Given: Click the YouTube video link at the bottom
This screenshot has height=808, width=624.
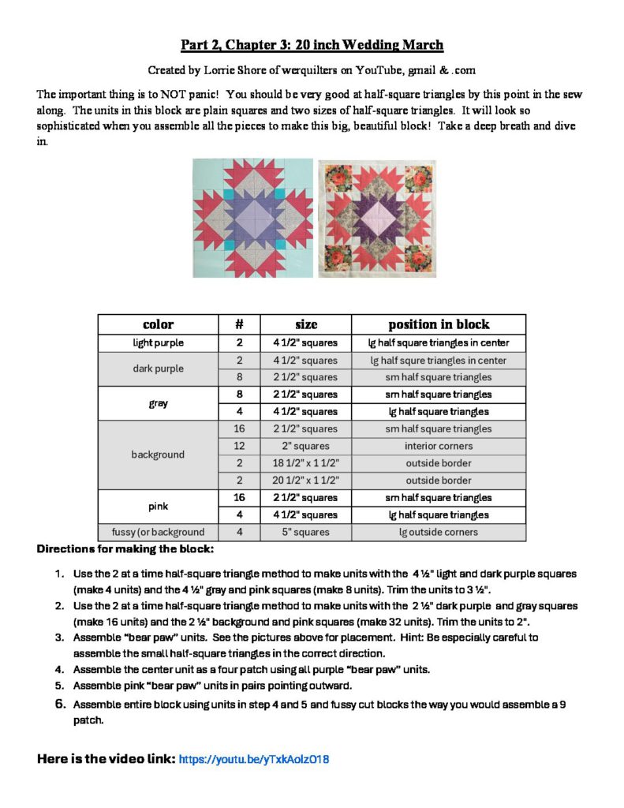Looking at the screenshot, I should tap(253, 760).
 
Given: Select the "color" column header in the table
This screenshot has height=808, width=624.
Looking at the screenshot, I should tap(158, 324).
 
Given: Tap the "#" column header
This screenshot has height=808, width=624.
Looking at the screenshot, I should tap(239, 324).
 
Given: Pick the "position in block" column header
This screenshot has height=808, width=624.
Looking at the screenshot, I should tap(439, 324).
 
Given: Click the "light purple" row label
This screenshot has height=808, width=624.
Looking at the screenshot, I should tap(158, 343).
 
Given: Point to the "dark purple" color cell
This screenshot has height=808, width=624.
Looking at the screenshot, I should tap(158, 368).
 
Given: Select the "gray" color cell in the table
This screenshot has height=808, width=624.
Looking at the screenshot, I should tap(158, 403).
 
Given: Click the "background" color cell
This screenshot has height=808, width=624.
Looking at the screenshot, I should tap(158, 454).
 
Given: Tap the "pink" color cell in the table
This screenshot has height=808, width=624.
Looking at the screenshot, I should tap(158, 507).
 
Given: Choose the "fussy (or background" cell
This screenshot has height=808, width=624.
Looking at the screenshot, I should tap(158, 533).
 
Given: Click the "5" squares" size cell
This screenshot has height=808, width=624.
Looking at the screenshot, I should tap(306, 533).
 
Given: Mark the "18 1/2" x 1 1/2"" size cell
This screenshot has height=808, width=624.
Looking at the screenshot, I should tap(306, 463).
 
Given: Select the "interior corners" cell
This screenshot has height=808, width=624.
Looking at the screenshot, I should tap(439, 447).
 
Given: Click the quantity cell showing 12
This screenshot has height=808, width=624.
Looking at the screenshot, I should tap(239, 447).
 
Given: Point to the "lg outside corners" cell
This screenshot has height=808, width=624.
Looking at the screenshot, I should tap(439, 533).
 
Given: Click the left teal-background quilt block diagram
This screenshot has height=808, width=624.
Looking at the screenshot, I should tap(253, 218).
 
